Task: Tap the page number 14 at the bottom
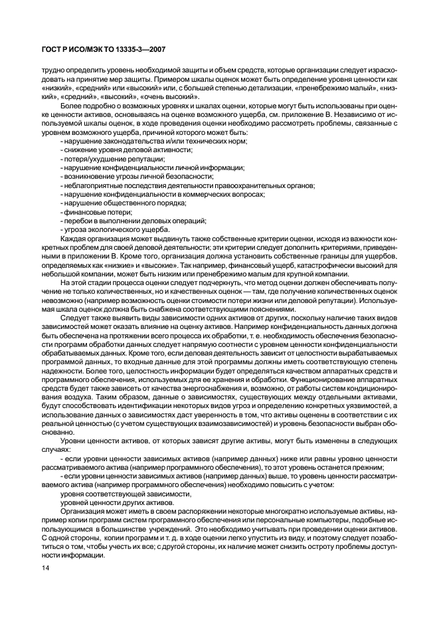pos(45,568)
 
